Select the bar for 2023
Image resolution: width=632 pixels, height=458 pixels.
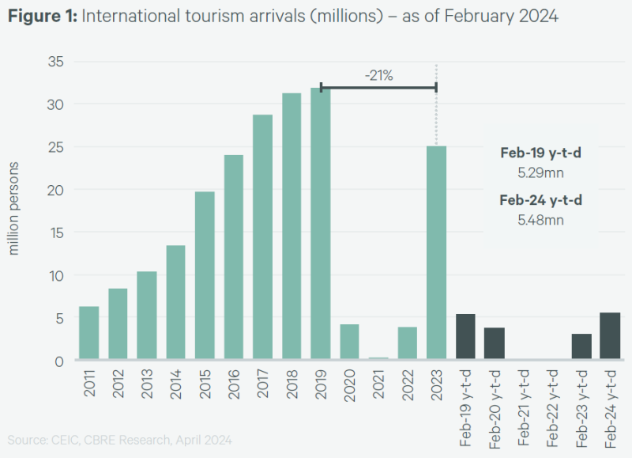click(x=436, y=253)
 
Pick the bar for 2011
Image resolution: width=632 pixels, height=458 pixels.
click(x=89, y=332)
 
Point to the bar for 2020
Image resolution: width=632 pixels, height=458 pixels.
click(x=349, y=342)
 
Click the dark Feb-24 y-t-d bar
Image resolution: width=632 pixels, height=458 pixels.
click(x=610, y=336)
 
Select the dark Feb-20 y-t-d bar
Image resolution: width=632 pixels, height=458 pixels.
click(x=494, y=343)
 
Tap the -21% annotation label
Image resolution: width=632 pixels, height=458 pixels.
click(x=378, y=76)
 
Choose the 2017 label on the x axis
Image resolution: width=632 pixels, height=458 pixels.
click(x=262, y=383)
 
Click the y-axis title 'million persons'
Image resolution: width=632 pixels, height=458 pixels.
click(x=14, y=209)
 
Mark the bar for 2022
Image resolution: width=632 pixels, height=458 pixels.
click(x=407, y=343)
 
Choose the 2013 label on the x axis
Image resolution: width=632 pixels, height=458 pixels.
click(x=147, y=383)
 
